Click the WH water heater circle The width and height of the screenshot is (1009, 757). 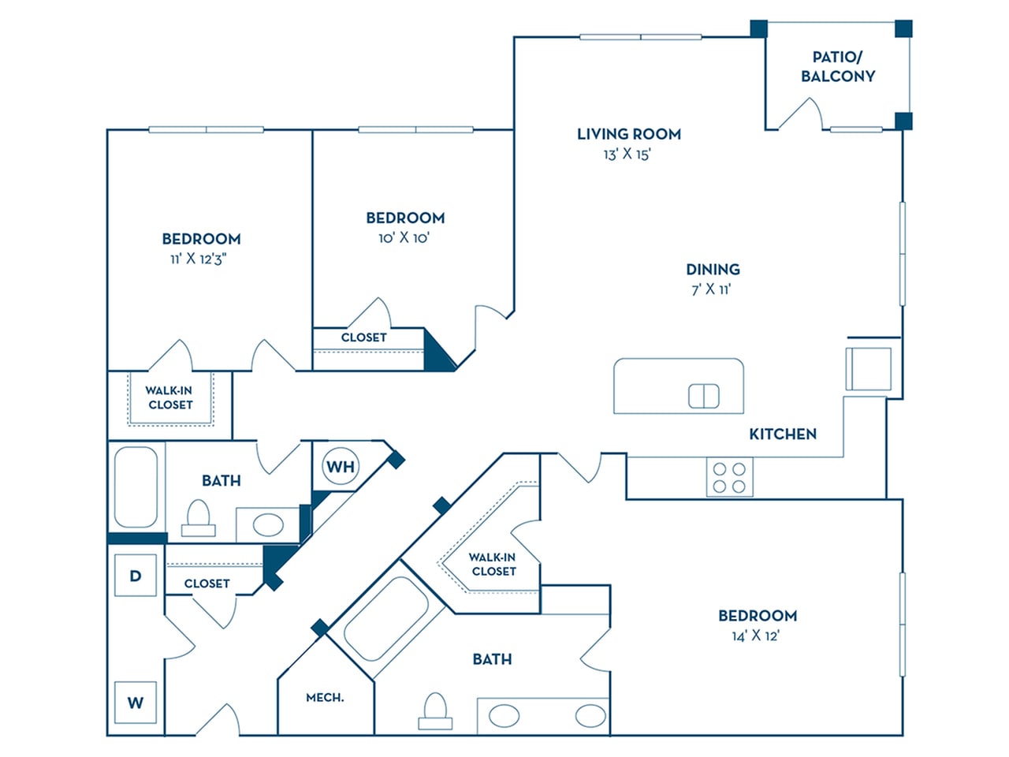[341, 467]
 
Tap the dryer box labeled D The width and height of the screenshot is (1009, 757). [136, 576]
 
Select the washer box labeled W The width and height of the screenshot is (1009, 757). [136, 702]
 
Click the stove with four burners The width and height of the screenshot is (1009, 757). [729, 477]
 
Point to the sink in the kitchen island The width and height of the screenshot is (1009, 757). [703, 396]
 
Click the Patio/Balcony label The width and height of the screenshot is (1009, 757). [838, 67]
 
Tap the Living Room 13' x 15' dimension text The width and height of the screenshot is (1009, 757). [627, 155]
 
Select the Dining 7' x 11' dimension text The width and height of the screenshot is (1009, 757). [711, 289]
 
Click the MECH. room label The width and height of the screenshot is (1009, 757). [325, 698]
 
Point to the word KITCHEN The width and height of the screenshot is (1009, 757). [782, 434]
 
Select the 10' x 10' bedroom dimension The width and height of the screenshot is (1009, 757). [404, 237]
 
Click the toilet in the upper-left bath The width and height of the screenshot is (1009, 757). [197, 519]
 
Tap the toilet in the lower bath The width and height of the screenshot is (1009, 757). [435, 710]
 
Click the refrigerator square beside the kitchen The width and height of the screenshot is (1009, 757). [868, 368]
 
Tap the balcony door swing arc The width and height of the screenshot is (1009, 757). [802, 114]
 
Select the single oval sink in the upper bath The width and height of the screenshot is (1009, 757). [268, 525]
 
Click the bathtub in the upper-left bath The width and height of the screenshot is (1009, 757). [136, 487]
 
